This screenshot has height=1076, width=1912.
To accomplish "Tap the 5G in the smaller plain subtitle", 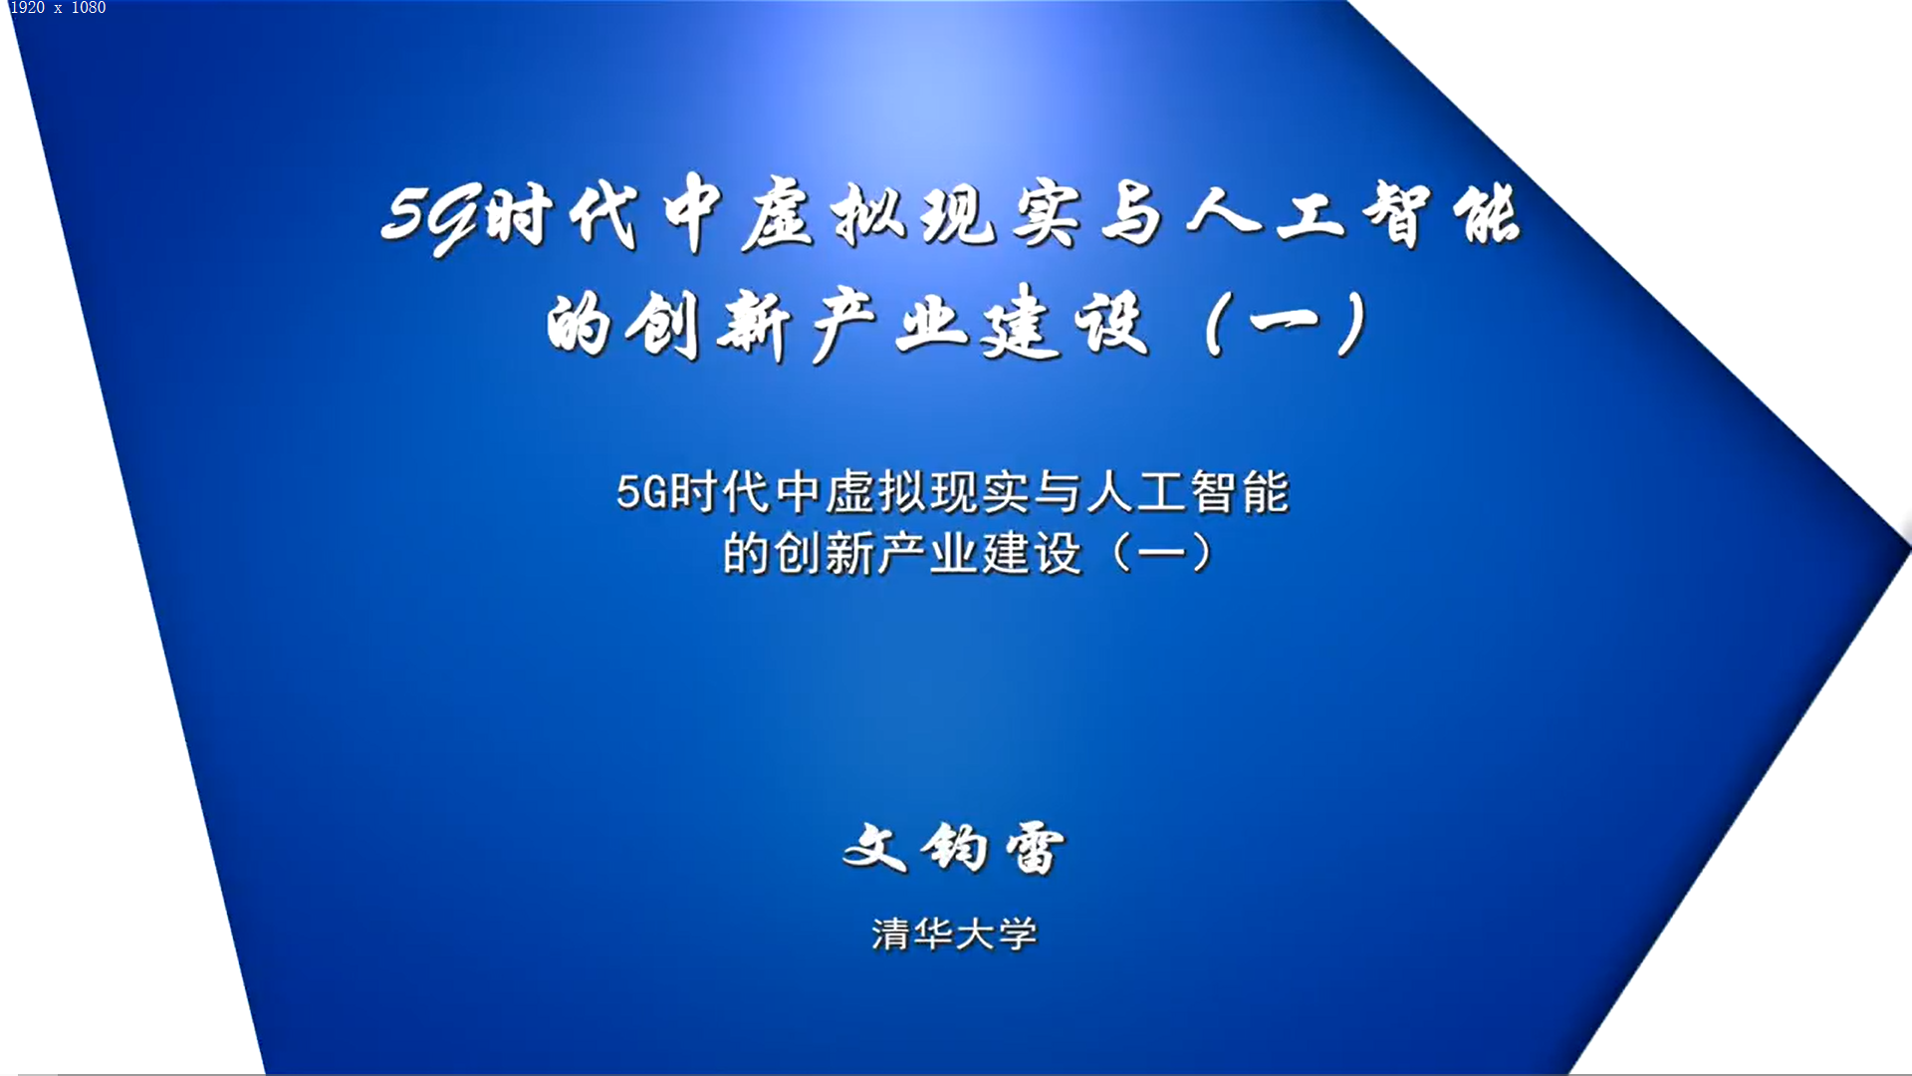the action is (x=642, y=492).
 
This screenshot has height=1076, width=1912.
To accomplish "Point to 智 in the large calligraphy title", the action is (x=1396, y=215).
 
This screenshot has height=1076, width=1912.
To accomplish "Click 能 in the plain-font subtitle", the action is (x=1265, y=492).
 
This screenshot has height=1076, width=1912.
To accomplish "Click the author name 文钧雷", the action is (x=954, y=849).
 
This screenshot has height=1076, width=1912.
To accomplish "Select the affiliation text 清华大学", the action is (x=954, y=934).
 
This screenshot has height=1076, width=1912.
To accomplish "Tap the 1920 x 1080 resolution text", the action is (x=58, y=8).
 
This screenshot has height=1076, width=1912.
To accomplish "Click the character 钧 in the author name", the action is (x=954, y=849).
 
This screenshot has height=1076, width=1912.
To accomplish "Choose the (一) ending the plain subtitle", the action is (x=1161, y=553).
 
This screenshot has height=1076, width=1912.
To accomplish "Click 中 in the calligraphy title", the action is (x=693, y=213).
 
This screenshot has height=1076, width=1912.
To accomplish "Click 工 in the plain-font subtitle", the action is (x=1161, y=492).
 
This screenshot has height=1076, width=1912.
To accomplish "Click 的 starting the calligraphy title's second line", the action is (x=578, y=325).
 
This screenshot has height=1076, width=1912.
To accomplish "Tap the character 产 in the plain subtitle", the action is (x=902, y=554).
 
